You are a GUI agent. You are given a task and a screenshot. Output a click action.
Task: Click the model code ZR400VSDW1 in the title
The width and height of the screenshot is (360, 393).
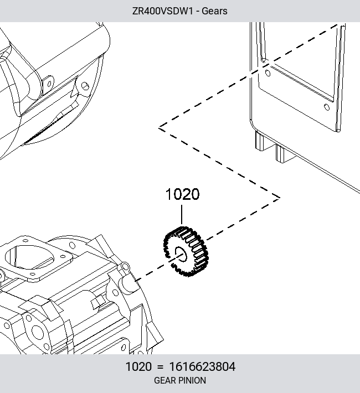tap(163, 11)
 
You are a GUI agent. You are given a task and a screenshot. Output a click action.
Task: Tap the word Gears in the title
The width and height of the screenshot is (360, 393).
tap(214, 11)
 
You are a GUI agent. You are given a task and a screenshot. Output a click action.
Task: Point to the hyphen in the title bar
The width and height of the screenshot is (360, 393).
tap(197, 12)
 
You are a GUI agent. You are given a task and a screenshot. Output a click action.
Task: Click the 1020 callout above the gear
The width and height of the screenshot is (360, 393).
tap(183, 194)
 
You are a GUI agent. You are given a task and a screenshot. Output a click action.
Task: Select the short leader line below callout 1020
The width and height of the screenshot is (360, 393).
tap(182, 215)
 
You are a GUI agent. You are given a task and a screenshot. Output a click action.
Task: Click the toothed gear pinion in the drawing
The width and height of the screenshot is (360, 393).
tap(186, 251)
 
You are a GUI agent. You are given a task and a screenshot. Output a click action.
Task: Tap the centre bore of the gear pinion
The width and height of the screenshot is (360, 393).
tap(181, 254)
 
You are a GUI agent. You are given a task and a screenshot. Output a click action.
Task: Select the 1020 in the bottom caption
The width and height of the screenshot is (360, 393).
tap(138, 366)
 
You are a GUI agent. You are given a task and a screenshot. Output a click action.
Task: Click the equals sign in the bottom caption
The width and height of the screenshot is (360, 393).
tap(160, 367)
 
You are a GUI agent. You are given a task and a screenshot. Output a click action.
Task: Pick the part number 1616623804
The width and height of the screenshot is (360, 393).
tap(202, 366)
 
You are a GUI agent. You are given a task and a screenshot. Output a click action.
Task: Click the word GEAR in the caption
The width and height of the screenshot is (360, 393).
tap(164, 380)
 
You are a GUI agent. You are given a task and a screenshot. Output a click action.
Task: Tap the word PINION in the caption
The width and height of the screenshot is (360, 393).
tap(192, 380)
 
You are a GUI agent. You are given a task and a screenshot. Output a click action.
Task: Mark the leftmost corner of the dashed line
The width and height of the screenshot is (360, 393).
tap(159, 128)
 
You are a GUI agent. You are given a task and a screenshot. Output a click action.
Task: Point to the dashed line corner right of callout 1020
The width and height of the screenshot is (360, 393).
tap(280, 198)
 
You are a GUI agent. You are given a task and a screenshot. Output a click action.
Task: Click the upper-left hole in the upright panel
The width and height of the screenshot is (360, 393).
tap(268, 73)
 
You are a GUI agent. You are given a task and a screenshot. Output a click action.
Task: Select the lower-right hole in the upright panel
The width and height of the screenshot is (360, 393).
tap(327, 107)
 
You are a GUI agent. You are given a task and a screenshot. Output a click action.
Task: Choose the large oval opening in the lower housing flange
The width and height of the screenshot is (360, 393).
tap(29, 257)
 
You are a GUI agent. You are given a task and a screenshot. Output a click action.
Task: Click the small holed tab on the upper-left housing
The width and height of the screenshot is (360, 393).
tap(48, 84)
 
